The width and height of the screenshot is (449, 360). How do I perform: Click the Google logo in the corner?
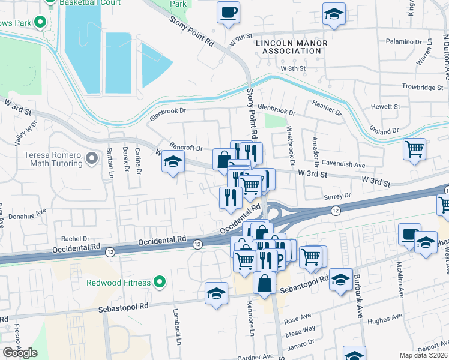[20, 352]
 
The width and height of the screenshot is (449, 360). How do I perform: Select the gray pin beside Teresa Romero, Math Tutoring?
[91, 158]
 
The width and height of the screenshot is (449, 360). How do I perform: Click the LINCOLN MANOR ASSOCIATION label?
[292, 47]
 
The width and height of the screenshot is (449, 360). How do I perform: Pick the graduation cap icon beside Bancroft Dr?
[173, 162]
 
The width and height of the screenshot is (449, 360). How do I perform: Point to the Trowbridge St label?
[422, 88]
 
